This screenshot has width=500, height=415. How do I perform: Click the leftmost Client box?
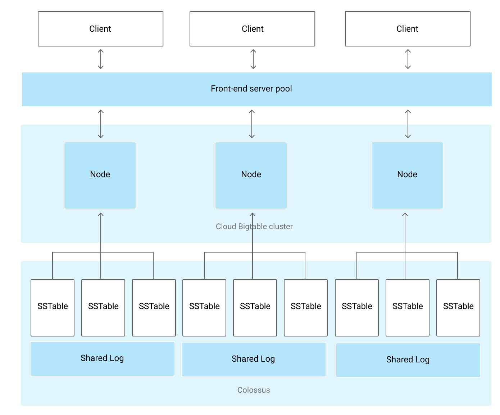click(x=100, y=29)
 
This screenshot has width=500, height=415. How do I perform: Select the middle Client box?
click(x=252, y=29)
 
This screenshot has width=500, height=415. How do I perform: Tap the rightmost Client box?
click(x=408, y=29)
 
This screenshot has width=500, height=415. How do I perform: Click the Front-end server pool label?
click(x=251, y=89)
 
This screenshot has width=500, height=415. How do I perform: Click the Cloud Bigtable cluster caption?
click(x=254, y=227)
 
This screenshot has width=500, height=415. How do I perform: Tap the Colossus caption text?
click(x=254, y=390)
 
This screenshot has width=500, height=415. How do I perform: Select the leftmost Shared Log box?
click(x=103, y=358)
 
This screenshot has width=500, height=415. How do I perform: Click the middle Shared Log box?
click(x=254, y=359)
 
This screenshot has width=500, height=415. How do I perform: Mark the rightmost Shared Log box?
click(x=408, y=360)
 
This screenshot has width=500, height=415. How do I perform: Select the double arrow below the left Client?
click(x=101, y=59)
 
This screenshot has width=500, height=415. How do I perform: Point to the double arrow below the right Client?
click(x=408, y=59)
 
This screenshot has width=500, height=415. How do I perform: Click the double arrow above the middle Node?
click(x=252, y=124)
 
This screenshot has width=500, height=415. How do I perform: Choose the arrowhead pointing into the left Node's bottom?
click(x=101, y=215)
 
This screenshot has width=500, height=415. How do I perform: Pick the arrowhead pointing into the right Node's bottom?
click(x=405, y=215)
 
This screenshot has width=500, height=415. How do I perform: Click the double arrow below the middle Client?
click(x=253, y=59)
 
